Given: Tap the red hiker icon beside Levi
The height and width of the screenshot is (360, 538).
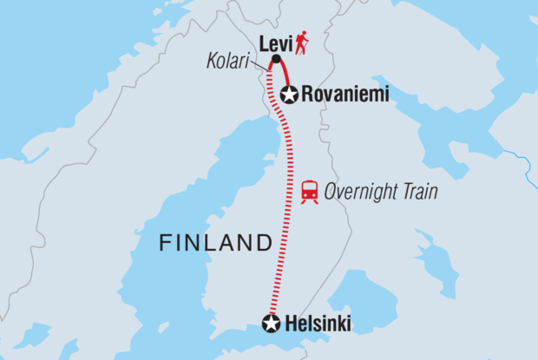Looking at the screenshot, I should point(302,43).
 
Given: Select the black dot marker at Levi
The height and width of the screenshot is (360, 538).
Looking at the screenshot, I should point(276,59).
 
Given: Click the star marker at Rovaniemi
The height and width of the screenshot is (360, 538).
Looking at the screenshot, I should point(288,95).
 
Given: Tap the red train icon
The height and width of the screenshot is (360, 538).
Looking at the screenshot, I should point(308,193).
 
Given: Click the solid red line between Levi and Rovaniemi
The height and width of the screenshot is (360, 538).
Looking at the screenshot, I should point(283,75).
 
